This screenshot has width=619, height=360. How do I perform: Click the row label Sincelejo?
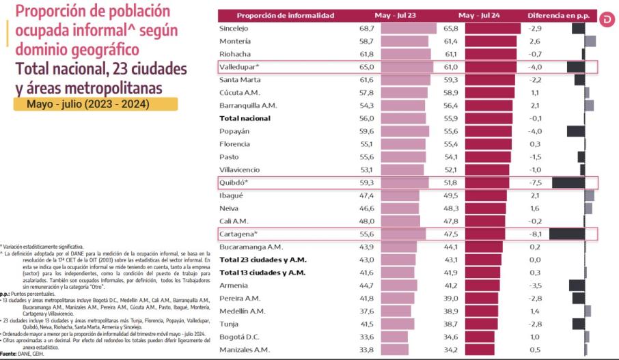(x=234, y=29)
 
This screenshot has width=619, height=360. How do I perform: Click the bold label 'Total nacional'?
(x=245, y=118)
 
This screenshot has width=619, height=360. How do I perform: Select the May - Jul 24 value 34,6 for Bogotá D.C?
(x=451, y=337)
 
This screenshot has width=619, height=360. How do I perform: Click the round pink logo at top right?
(x=608, y=21)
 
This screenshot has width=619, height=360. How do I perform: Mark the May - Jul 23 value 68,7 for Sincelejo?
(x=368, y=29)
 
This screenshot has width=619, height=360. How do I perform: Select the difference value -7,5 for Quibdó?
(x=534, y=182)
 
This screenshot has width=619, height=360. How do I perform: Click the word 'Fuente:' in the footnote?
(x=8, y=353)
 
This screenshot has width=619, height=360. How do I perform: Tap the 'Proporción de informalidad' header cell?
(x=286, y=15)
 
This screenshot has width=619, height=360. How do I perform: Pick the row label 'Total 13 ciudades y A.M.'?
(x=262, y=272)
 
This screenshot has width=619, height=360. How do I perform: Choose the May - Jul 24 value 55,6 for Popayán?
(x=451, y=131)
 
